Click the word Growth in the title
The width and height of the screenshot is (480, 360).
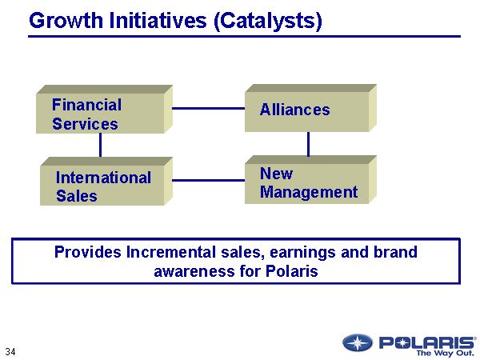(x=66, y=21)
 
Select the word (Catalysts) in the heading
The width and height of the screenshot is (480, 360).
(x=268, y=22)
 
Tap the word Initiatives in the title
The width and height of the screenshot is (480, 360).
(x=158, y=21)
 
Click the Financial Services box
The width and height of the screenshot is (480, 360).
(x=104, y=110)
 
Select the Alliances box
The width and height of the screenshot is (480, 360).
(x=310, y=108)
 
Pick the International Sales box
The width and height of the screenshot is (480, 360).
(x=106, y=182)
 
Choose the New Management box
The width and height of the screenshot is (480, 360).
(x=310, y=180)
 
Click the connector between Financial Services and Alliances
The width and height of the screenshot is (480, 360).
(x=209, y=108)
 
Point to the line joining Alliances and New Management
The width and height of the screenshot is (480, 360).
(x=308, y=144)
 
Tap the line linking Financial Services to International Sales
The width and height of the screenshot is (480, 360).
(x=101, y=146)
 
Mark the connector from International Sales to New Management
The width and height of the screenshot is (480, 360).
(x=209, y=180)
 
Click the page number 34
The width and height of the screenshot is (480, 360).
(x=10, y=351)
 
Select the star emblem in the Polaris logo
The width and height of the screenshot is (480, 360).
(x=358, y=342)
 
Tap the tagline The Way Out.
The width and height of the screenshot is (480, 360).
(x=445, y=353)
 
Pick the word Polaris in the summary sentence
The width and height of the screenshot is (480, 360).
(x=292, y=271)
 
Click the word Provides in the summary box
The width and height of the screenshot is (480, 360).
(x=88, y=252)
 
